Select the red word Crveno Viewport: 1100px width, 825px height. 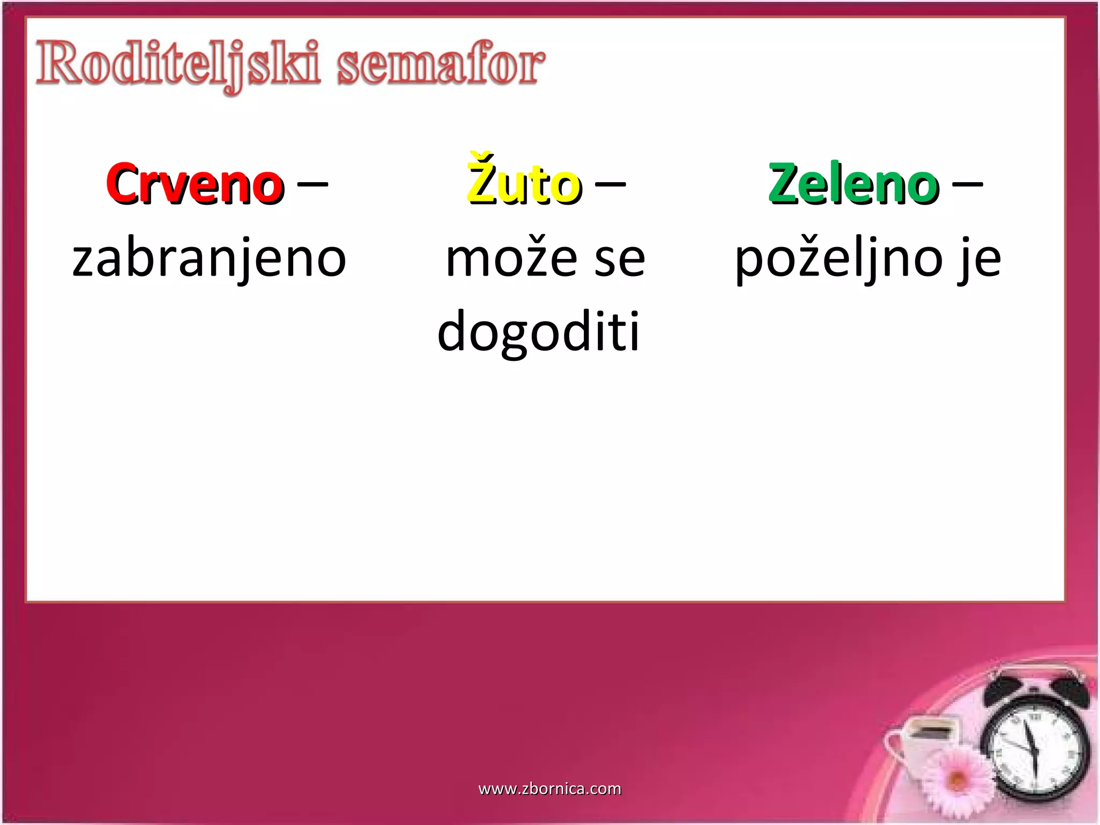[195, 184]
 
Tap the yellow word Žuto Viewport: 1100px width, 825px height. [524, 182]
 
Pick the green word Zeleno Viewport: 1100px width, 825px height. [854, 184]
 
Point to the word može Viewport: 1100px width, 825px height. [511, 258]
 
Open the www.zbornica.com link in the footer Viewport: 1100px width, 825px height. [549, 788]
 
